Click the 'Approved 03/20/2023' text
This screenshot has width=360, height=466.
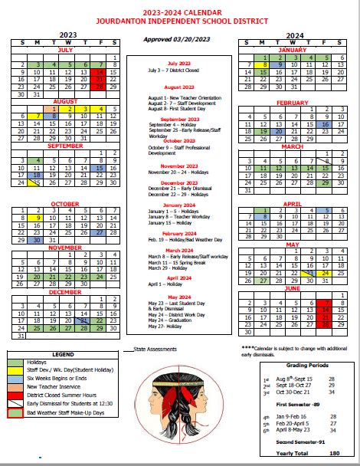click(180, 38)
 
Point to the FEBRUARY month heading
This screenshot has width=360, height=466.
click(292, 101)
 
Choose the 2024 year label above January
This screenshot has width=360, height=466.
click(292, 35)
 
